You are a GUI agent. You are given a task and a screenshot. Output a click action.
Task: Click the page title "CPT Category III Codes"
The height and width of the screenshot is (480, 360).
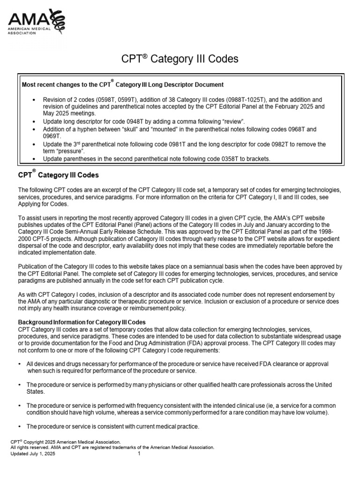click(x=180, y=59)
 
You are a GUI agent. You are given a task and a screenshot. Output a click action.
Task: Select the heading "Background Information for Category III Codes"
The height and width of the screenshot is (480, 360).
click(x=82, y=322)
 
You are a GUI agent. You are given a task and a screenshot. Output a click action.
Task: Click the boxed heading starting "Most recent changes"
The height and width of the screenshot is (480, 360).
click(x=123, y=84)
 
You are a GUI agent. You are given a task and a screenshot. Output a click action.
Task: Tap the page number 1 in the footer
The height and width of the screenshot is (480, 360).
click(x=140, y=454)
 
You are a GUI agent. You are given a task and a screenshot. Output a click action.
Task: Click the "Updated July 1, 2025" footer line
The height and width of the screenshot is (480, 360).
click(x=33, y=454)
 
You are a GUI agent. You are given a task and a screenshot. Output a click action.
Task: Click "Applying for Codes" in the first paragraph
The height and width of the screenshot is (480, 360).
click(x=43, y=204)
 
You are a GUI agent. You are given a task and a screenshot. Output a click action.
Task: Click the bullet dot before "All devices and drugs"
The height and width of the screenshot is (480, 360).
click(x=19, y=364)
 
